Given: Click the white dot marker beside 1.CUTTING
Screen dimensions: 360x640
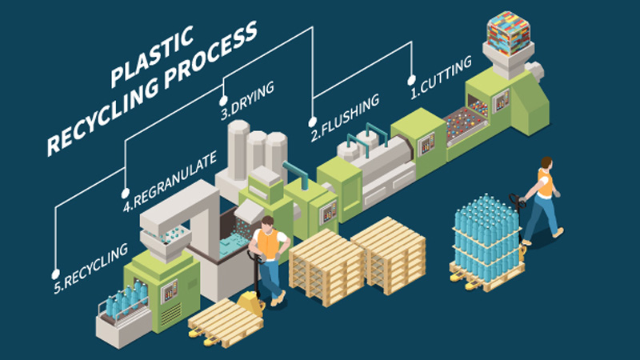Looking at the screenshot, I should point(411,80).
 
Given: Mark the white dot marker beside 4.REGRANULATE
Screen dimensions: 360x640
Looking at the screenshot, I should point(125,192).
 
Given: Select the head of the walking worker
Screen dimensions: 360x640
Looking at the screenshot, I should point(547,163).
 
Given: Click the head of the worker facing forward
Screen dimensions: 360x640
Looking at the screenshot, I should point(268,223).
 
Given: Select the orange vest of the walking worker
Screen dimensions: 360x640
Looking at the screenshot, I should point(546,183).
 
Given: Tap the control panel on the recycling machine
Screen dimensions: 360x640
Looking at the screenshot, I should point(170,291).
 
